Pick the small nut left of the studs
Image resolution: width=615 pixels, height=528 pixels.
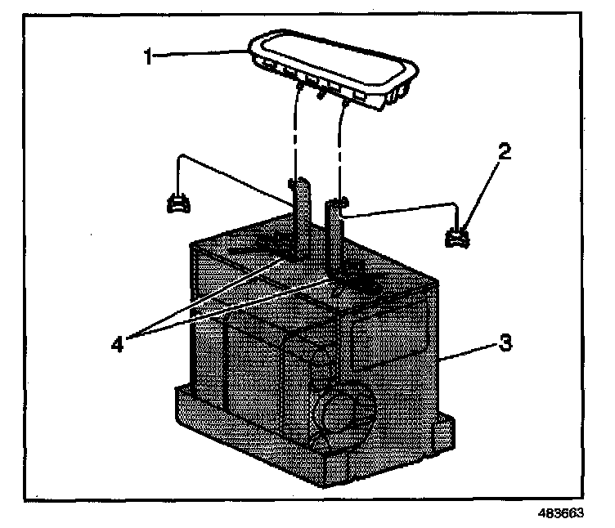pos(177,203)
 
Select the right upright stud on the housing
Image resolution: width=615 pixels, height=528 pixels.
pos(334,237)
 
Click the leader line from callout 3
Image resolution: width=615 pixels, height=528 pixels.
pos(467,351)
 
